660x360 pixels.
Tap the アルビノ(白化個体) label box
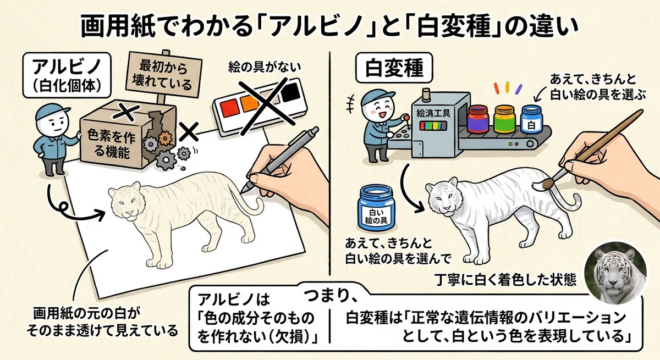tap(67, 75)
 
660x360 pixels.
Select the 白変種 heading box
tap(394, 68)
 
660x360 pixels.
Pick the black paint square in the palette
tap(290, 92)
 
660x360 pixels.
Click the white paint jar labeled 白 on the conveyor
tap(531, 119)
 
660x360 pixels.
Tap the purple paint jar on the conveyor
tap(478, 119)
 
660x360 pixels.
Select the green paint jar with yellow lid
tap(504, 119)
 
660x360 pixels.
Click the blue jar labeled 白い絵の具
tap(376, 208)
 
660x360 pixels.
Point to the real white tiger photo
tap(615, 273)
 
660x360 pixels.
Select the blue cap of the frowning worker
tap(52, 110)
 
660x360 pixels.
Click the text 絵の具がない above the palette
tap(265, 67)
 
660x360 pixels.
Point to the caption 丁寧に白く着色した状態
tap(505, 280)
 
